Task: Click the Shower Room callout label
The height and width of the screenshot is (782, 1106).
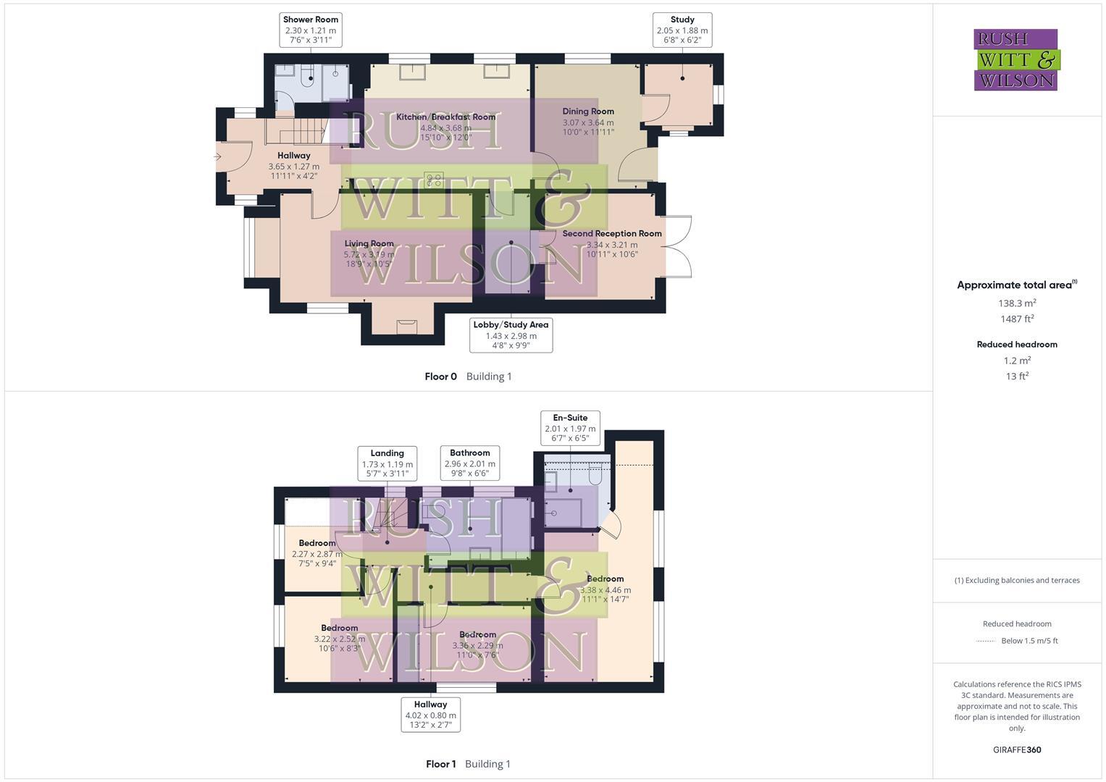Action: click(311, 30)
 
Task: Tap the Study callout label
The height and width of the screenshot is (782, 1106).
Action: click(682, 30)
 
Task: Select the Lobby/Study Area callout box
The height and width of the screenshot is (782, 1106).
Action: click(511, 335)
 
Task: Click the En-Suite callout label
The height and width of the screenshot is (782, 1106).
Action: click(570, 428)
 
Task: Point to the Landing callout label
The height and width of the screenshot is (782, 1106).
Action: click(387, 463)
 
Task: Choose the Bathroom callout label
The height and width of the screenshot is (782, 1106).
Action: click(470, 463)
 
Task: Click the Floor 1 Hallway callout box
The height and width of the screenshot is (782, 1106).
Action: click(430, 715)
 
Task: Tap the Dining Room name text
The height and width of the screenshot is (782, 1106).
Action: click(588, 112)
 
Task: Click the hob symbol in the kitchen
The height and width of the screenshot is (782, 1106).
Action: click(434, 180)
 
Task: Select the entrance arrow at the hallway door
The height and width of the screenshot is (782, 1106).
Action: click(217, 156)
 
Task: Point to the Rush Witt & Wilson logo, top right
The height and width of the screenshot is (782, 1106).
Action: click(1016, 59)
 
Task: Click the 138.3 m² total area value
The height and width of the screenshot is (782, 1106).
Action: click(1017, 303)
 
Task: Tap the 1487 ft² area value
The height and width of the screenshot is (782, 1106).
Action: click(1017, 319)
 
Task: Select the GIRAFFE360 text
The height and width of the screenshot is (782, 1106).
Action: click(1017, 749)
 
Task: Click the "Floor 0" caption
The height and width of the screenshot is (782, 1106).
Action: click(441, 377)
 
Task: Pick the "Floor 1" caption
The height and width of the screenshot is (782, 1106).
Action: click(441, 764)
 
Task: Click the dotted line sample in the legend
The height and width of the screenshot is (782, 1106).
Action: click(986, 641)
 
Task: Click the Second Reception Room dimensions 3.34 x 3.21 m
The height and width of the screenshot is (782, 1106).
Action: click(612, 245)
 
